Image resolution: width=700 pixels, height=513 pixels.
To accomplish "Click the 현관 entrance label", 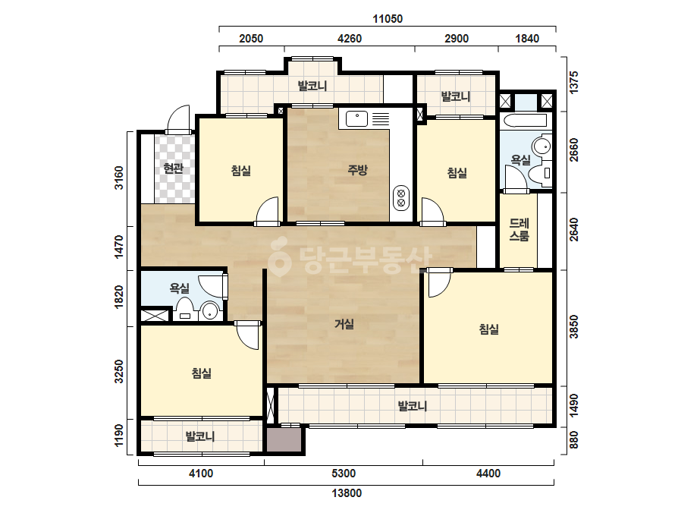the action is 173,168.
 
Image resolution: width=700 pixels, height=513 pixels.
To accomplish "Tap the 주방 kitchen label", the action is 358,170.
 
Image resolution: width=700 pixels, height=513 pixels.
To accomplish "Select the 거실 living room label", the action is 344,324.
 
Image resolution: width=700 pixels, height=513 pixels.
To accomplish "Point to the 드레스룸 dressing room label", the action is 520,230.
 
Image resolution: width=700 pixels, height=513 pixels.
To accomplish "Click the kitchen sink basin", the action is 357,119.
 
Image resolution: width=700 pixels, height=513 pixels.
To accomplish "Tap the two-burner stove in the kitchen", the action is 401,198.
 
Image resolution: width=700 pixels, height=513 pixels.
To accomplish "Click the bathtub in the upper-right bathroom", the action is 523,121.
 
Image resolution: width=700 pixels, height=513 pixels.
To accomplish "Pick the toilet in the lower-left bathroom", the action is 185,310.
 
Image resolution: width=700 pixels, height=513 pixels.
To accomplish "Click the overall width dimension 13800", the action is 347,493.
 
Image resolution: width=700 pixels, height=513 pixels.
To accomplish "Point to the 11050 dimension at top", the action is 388,19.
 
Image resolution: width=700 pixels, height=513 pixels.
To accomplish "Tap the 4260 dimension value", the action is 350,39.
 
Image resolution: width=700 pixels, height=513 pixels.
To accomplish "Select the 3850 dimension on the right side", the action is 574,326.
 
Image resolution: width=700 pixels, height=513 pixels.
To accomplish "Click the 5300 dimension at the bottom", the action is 344,474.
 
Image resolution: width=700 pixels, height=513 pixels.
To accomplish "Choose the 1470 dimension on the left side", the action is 119,247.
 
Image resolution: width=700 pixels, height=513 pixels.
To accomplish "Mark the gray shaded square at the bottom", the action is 284,440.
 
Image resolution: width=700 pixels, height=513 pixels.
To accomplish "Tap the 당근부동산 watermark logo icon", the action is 279,257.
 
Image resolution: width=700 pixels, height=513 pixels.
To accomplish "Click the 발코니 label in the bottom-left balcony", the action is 200,436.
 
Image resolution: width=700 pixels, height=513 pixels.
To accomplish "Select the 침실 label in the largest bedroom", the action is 489,329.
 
